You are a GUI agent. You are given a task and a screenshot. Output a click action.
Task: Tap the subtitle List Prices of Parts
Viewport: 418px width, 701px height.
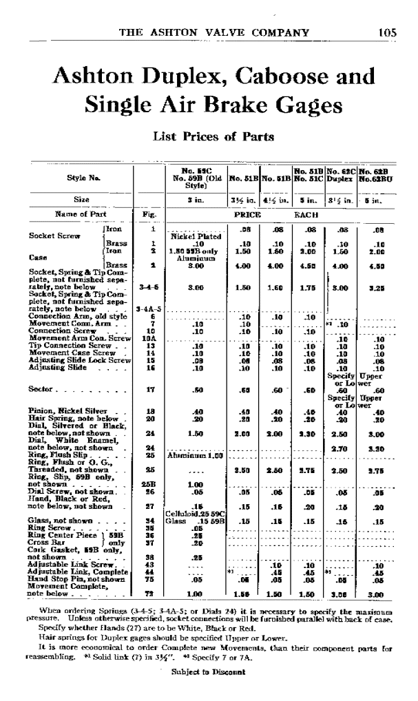pos(208,136)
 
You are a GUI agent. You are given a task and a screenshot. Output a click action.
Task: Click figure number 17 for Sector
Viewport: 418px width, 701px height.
pos(146,390)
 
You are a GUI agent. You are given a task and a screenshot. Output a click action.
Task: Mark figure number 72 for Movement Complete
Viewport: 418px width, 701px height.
pos(146,592)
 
